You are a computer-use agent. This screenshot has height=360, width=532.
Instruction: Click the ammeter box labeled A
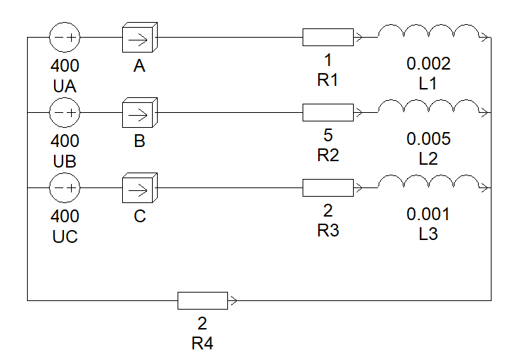pos(140,38)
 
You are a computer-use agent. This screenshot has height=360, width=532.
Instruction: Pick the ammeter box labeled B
pos(140,113)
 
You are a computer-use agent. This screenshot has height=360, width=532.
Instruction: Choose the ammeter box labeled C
pos(140,187)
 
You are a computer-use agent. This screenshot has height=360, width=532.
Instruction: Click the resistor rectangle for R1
pos(328,38)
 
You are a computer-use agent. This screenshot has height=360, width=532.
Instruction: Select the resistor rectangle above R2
pos(328,113)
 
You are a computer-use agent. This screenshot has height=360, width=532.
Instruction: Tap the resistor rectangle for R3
pos(328,187)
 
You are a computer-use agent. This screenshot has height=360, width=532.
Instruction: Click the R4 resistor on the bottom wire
pos(203,300)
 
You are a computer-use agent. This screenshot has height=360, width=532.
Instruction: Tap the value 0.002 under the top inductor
pos(428,64)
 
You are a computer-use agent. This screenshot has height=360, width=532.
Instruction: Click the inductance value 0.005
pos(428,139)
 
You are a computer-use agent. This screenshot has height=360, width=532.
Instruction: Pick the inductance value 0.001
pos(428,214)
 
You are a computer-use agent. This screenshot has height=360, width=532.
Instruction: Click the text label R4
pos(202,343)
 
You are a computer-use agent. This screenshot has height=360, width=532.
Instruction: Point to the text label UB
pos(65,161)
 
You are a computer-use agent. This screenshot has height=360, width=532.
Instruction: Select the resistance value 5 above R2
pos(327,136)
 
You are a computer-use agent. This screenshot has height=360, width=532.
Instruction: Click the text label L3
pos(428,234)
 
